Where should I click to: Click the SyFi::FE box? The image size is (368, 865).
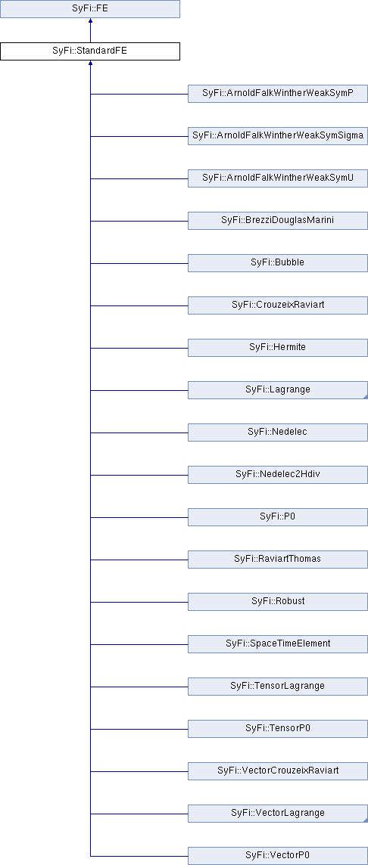90,9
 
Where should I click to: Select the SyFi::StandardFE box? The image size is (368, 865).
90,51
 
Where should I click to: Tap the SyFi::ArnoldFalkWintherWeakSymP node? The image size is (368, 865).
278,94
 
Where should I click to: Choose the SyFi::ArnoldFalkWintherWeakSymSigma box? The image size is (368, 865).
278,135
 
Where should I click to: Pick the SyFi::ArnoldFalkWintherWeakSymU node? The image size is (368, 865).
278,178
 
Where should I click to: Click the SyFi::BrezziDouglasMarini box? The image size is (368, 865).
278,221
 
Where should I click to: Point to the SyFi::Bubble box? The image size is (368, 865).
278,263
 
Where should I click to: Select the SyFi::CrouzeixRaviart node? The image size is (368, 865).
278,305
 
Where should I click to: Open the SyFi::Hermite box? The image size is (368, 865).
278,348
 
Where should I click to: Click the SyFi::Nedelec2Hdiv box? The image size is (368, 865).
278,474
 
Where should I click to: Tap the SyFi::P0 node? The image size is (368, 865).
278,517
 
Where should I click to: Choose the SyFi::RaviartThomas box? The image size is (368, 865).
278,560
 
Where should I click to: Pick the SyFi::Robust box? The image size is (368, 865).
278,602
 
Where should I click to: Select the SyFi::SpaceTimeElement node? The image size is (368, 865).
278,643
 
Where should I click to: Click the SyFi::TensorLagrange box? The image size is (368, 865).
278,687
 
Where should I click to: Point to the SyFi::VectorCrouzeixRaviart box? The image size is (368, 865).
278,771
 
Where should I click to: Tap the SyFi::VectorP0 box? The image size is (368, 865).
278,856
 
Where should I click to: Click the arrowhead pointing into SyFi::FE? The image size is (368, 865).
90,21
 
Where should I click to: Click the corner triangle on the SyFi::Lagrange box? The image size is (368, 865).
366,397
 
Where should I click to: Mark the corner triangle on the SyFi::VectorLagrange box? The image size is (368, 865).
366,820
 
